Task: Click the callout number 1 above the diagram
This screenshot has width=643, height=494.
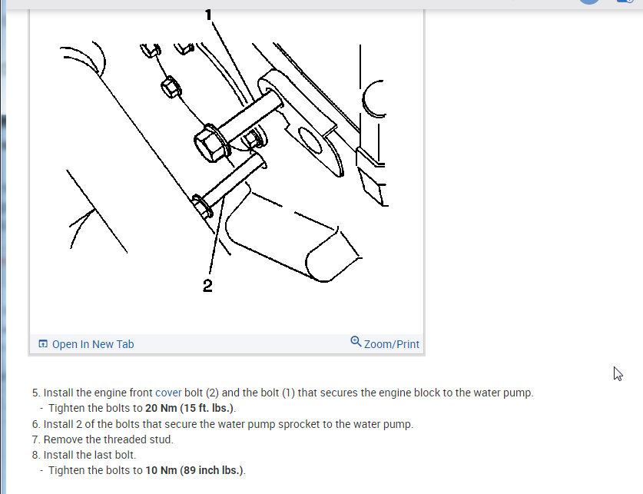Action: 208,13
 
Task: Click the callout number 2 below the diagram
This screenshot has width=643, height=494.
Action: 207,286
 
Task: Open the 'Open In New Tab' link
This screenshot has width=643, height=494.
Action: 92,344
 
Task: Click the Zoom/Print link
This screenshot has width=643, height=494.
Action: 391,344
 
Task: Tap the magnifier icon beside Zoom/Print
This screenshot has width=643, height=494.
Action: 356,342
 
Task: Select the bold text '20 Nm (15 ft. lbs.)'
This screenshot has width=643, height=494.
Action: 190,408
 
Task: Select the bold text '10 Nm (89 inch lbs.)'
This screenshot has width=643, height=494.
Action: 194,470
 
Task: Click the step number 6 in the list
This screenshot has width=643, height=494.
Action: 35,424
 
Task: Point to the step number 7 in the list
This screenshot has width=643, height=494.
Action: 35,439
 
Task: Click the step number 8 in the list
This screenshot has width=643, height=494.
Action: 35,455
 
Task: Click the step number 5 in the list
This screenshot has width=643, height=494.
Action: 35,393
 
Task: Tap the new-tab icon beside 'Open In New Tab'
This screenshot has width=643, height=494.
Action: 43,344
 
